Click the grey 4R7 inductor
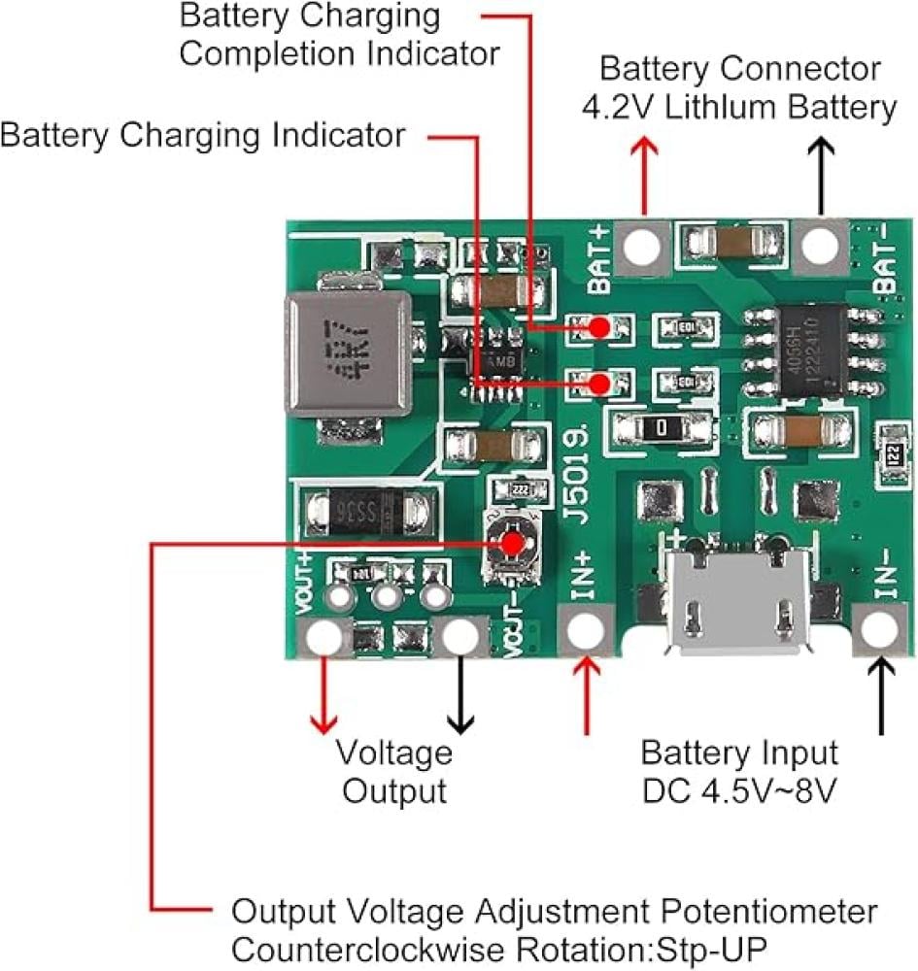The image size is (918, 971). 347,354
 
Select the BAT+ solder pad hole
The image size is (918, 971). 642,248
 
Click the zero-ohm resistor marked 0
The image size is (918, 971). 660,426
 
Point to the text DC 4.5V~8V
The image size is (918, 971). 739,790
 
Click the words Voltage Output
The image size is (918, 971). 395,771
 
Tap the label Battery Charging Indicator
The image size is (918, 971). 202,135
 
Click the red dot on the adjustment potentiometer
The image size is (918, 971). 509,542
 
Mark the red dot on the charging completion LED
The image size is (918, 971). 601,327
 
